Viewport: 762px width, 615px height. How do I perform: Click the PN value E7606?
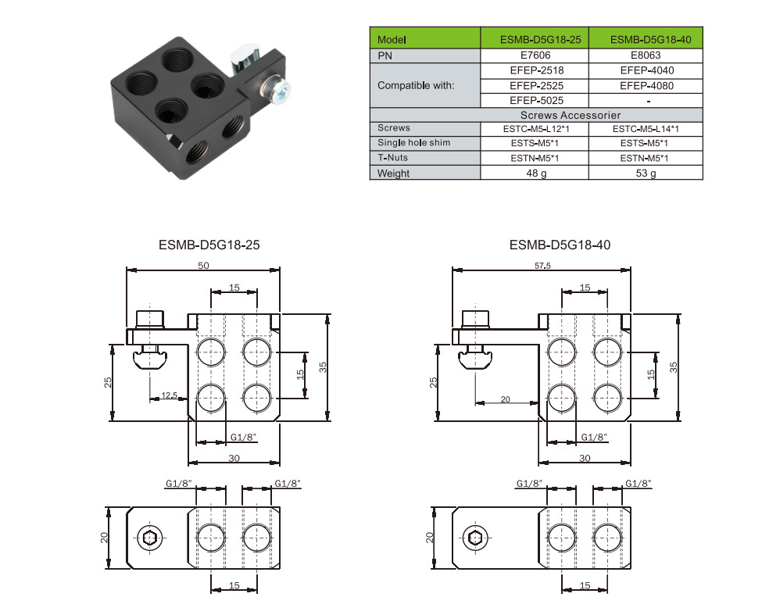(x=535, y=55)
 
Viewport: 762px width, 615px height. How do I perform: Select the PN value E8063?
(x=646, y=55)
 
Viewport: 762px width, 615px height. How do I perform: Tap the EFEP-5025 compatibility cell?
(x=535, y=100)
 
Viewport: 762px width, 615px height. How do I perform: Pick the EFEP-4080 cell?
(x=646, y=85)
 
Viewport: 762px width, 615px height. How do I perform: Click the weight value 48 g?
(x=535, y=173)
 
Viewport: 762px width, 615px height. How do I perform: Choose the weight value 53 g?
(x=646, y=173)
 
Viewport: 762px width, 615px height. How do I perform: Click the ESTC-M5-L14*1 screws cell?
(x=646, y=128)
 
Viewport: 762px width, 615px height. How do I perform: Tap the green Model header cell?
(x=424, y=39)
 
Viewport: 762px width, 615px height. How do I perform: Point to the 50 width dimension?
(x=203, y=266)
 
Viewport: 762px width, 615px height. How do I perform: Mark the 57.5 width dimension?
(x=542, y=266)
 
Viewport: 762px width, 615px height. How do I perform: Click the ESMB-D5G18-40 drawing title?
(x=560, y=245)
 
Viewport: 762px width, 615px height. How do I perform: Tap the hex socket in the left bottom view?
(x=149, y=537)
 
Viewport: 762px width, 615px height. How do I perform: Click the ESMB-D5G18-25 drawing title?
(x=209, y=245)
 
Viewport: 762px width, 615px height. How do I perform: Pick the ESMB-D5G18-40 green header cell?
(x=646, y=39)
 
